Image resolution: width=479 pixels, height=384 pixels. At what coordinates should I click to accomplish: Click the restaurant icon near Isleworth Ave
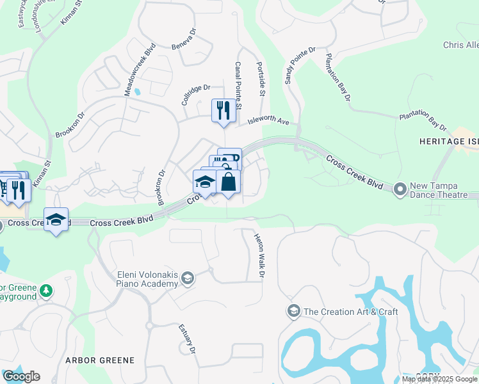(x=222, y=110)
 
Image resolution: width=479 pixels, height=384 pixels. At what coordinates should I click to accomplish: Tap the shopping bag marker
(x=228, y=182)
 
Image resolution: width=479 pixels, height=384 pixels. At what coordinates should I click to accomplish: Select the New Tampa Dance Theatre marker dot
(x=401, y=189)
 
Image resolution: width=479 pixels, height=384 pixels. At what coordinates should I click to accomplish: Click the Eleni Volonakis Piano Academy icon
(x=188, y=278)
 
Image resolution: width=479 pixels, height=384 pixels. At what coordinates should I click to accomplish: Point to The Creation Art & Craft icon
(x=293, y=312)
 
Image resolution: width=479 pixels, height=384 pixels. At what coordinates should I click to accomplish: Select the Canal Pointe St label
(x=237, y=84)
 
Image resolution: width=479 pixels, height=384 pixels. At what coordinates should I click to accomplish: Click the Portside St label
(x=261, y=79)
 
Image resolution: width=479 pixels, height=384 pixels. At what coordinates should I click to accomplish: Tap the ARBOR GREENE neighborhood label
(x=100, y=360)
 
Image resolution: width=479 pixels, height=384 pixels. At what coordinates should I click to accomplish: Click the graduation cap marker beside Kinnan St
(x=56, y=220)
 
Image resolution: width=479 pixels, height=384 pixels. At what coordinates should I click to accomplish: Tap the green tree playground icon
(x=45, y=291)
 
